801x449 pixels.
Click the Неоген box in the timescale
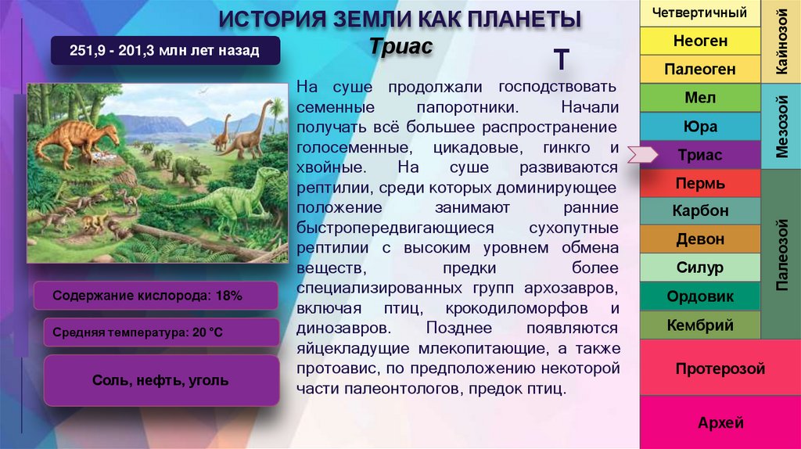700,41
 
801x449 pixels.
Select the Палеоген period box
700,70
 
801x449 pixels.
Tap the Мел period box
700,99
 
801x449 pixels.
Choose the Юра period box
700,127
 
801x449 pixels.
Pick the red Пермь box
700,184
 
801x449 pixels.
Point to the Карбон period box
700,211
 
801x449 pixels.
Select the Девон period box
700,239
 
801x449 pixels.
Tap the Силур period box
700,268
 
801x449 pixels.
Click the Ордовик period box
700,296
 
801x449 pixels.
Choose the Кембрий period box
700,325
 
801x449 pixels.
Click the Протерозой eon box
720,368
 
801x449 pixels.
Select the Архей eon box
720,423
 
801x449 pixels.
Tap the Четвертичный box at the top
700,13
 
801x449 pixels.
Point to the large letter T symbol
561,59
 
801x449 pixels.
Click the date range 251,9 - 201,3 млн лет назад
163,52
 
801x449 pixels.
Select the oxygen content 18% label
156,296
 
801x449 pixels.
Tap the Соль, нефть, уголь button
160,381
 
